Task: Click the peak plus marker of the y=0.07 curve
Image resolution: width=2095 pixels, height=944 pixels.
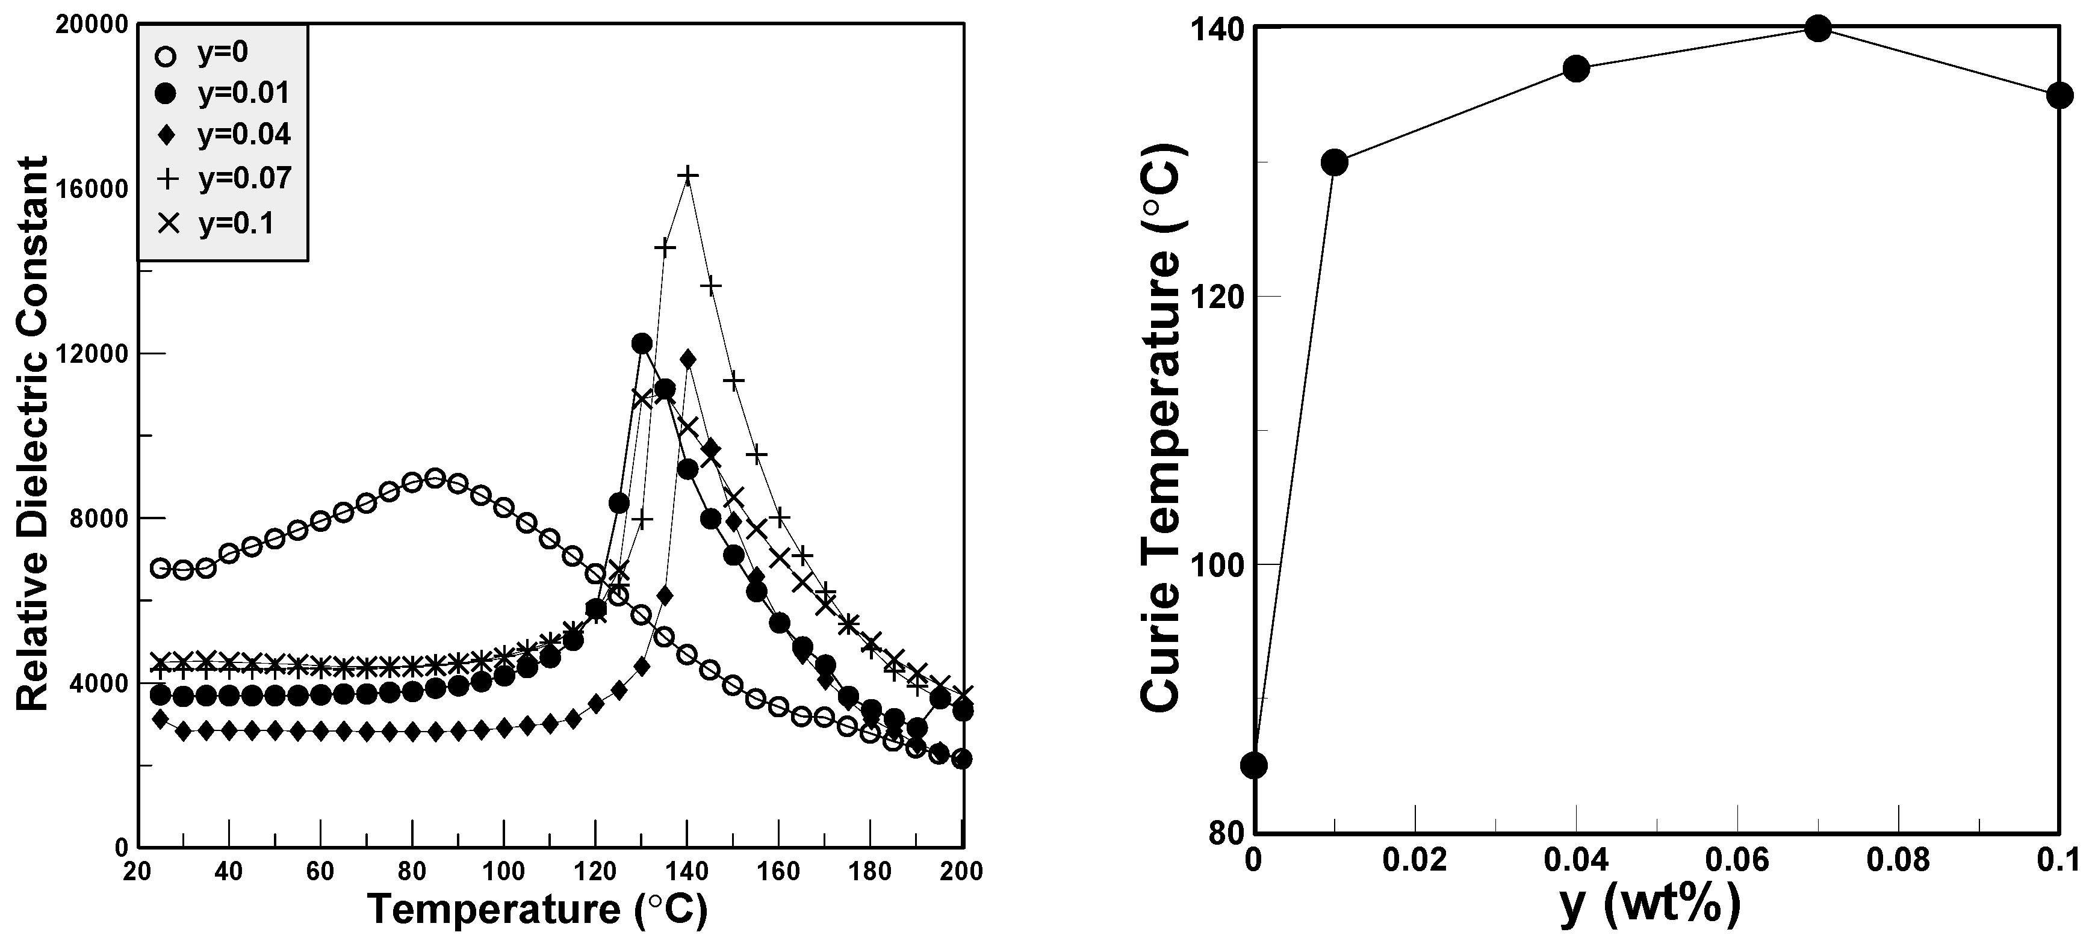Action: pos(687,176)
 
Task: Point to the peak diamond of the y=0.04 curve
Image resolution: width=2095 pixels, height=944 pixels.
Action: pos(687,359)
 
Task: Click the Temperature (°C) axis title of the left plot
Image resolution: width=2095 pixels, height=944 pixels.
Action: pos(538,909)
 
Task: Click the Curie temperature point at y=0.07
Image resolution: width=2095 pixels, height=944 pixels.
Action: pos(1817,28)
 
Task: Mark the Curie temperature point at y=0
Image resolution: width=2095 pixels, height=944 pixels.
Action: pos(1255,766)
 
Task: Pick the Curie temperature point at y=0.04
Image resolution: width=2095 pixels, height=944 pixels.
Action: pos(1576,69)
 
